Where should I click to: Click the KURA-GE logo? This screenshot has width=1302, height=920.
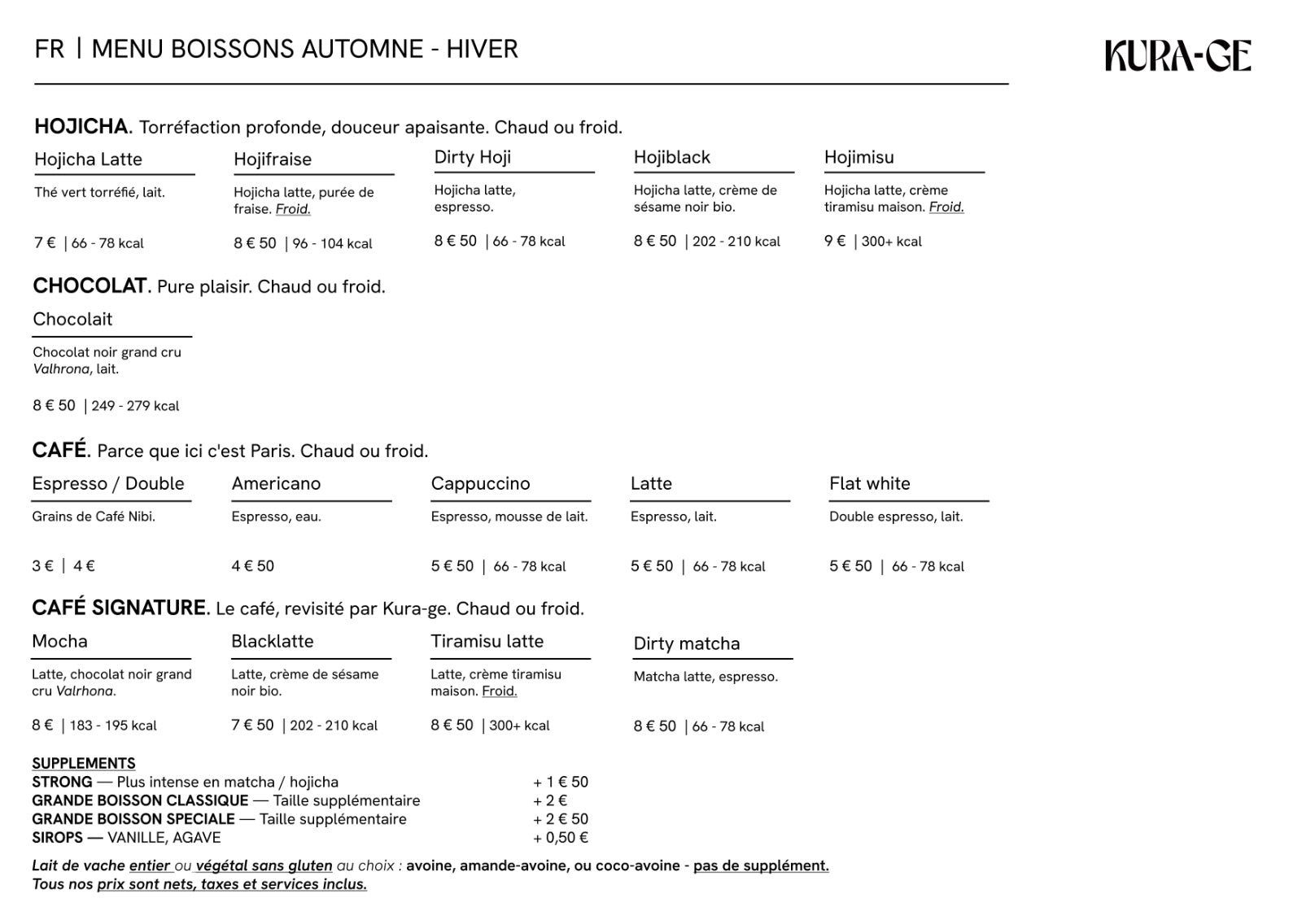coord(1177,55)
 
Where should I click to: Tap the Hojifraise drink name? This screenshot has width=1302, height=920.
coord(273,159)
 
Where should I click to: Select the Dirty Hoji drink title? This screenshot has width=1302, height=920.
coord(473,157)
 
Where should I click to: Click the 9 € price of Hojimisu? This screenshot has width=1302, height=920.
coord(835,241)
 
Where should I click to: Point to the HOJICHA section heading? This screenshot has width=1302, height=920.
coord(81,126)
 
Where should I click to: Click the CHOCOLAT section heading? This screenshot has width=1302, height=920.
coord(90,286)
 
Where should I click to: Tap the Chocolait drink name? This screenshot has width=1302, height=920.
coord(72,319)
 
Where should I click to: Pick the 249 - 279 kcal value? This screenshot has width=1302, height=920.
coord(135,406)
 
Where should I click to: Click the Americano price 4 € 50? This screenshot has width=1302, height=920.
coord(253,566)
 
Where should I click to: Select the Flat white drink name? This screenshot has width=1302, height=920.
coord(869,483)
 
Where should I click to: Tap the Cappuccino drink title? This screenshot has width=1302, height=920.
coord(480,483)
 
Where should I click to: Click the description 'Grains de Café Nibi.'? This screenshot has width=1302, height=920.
coord(94,517)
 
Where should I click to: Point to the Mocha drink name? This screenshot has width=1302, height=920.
coord(59,641)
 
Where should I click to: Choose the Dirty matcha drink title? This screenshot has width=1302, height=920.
coord(687,643)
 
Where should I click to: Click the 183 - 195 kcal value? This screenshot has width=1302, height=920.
coord(113,726)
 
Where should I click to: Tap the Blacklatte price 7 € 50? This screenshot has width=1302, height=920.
coord(252,725)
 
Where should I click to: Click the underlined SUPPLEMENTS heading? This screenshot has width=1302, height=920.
coord(84,763)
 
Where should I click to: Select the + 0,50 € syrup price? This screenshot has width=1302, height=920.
coord(561,838)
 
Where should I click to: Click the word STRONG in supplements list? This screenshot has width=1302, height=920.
coord(62,782)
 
